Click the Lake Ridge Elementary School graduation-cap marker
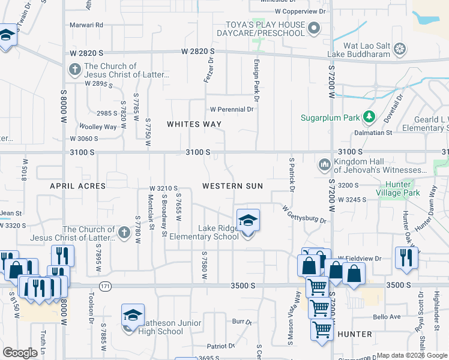click(248, 221)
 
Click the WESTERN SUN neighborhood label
click(232, 186)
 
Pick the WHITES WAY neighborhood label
click(194, 124)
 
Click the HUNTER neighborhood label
click(355, 334)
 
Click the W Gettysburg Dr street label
click(304, 214)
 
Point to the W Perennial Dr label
click(232, 109)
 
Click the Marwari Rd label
click(86, 25)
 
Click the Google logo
click(20, 353)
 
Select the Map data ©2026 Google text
click(411, 355)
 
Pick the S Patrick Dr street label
click(292, 175)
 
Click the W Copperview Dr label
click(300, 11)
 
